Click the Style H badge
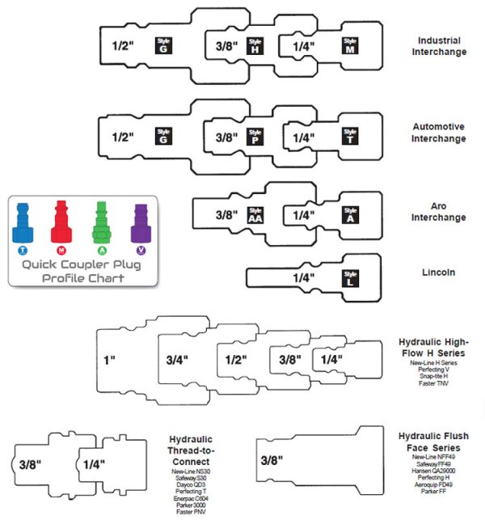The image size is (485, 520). tap(255, 45)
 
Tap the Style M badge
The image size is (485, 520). tap(350, 45)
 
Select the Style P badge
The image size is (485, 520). tap(255, 135)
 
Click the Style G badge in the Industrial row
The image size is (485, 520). tap(163, 45)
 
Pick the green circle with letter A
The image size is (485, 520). tap(102, 251)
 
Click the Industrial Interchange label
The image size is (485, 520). tap(441, 46)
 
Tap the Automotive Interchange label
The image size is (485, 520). tap(440, 133)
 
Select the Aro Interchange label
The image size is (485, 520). tap(440, 212)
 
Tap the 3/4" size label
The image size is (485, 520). tap(178, 358)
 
